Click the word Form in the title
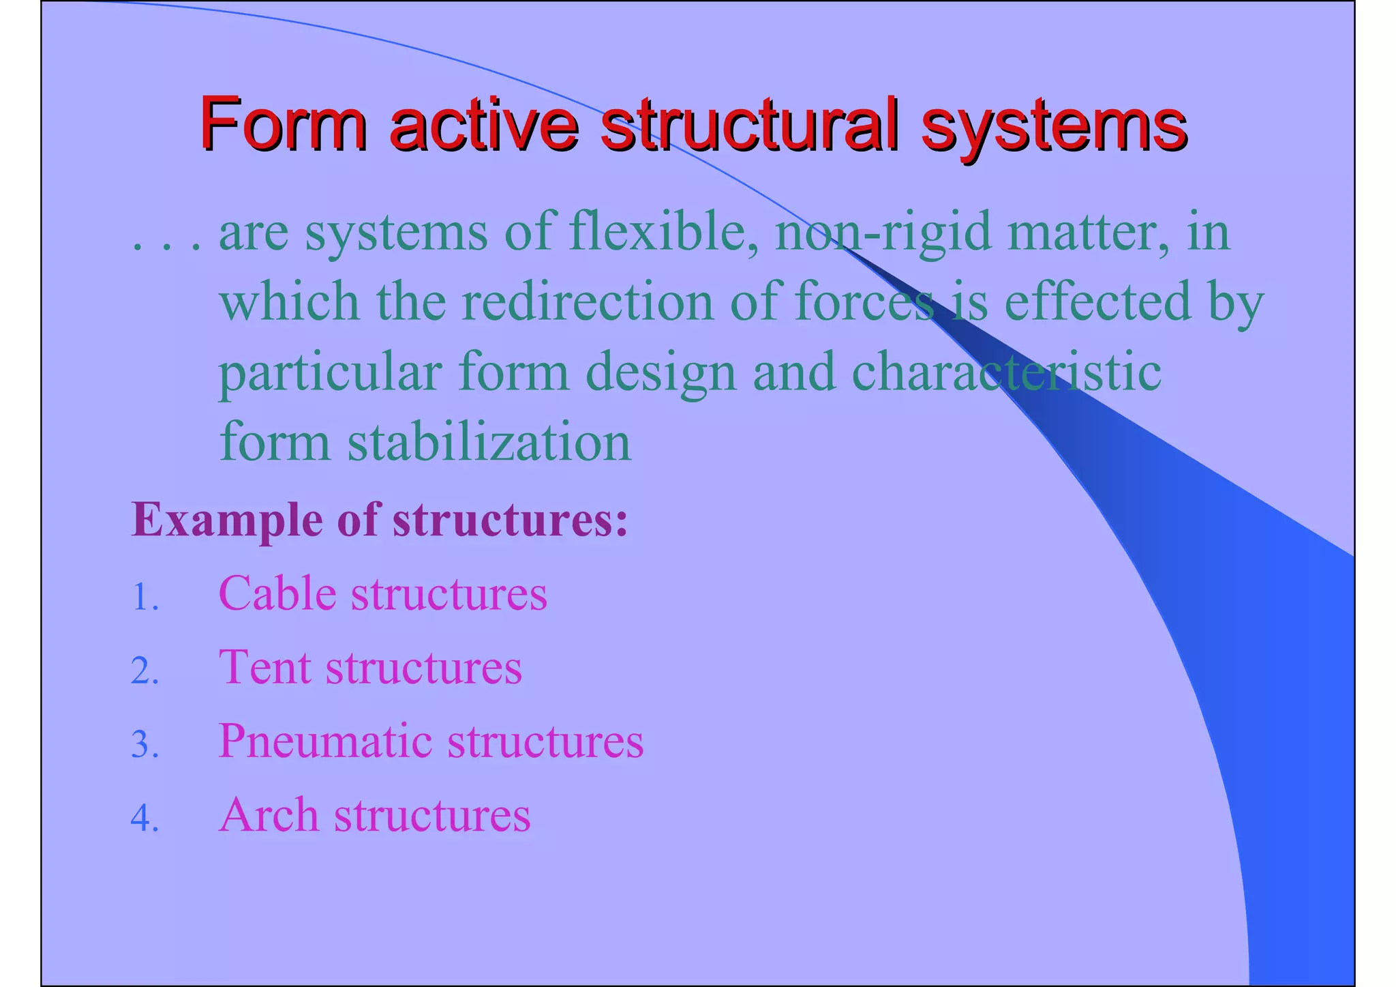[x=283, y=125]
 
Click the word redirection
[x=587, y=302]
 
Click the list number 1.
[x=145, y=598]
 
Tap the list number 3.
[x=145, y=745]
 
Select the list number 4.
[x=145, y=819]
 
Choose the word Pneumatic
[x=324, y=741]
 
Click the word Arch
[x=269, y=814]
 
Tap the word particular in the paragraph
[x=330, y=374]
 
